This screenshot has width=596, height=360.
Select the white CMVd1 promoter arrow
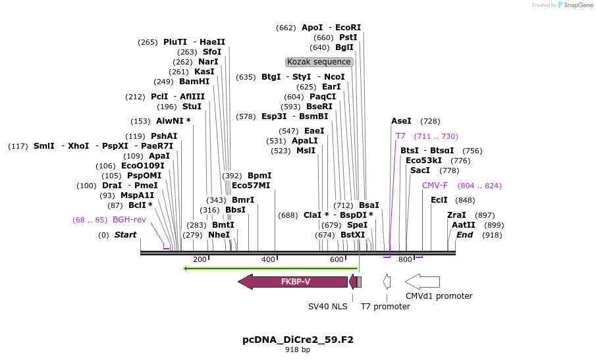[422, 282]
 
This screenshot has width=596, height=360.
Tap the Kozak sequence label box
[319, 62]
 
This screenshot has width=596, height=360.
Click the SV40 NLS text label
[327, 307]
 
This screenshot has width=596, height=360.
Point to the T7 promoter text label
[385, 307]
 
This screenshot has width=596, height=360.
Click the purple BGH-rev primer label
[129, 220]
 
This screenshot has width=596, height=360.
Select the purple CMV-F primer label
[435, 186]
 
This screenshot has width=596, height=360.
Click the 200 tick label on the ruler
[200, 260]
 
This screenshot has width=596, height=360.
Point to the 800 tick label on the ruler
[406, 260]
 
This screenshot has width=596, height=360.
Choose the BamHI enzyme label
[194, 82]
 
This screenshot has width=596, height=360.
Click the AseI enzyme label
[401, 121]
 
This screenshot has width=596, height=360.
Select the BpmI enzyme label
[259, 176]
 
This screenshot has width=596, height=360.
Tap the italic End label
[465, 235]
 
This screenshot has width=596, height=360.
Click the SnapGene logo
[573, 5]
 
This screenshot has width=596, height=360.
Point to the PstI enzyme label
[348, 38]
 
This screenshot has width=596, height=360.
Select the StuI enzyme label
[192, 107]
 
